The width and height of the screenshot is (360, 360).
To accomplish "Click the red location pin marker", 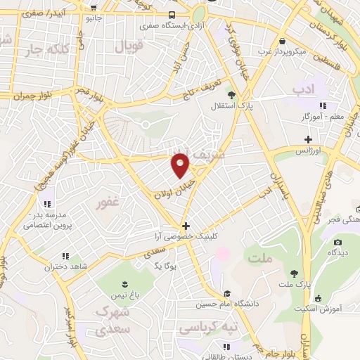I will coord(181,165).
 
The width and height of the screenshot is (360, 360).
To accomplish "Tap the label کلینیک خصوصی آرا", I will coord(186,238).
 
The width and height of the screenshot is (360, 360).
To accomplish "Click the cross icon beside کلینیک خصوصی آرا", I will coord(186,226).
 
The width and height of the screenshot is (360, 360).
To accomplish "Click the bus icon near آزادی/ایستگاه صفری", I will coord(172,15).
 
